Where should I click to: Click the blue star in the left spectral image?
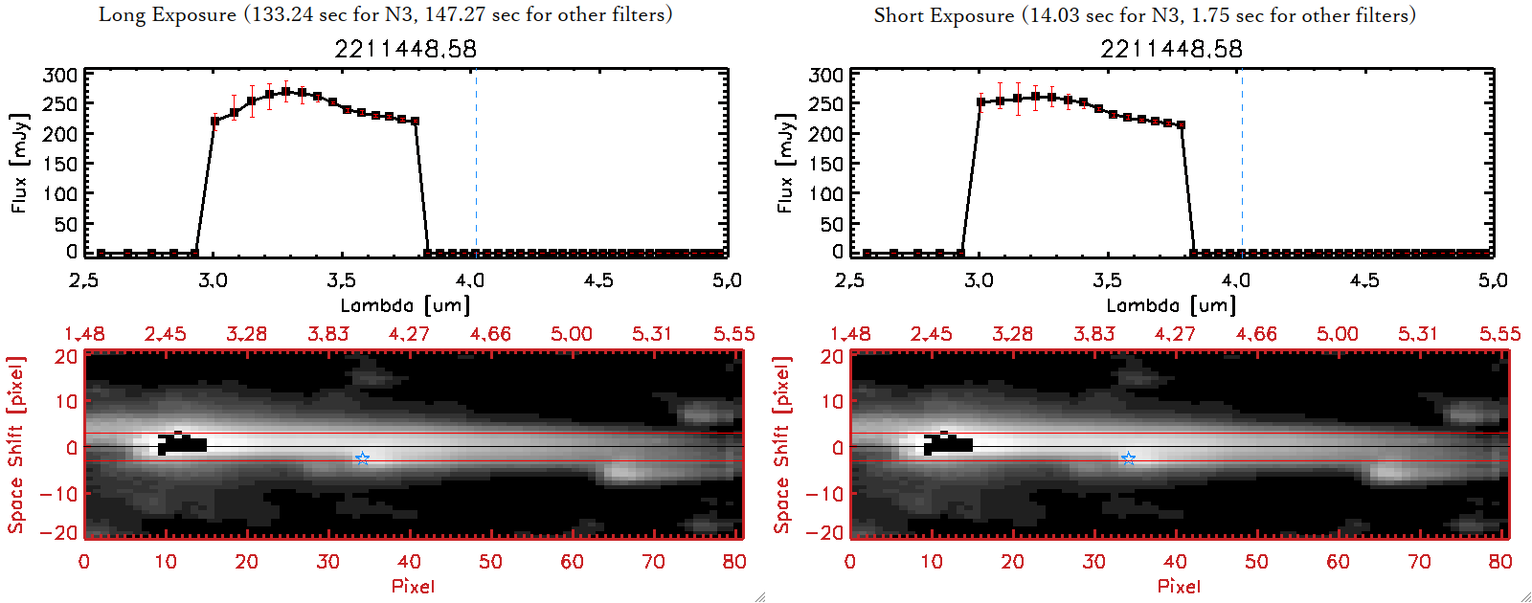pyautogui.click(x=362, y=459)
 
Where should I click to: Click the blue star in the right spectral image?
pyautogui.click(x=1128, y=459)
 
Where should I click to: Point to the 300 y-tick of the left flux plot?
pyautogui.click(x=60, y=75)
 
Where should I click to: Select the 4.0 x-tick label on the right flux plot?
pyautogui.click(x=1236, y=280)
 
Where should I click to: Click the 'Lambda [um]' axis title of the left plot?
pyautogui.click(x=405, y=305)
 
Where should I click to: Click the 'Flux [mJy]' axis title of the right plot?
pyautogui.click(x=785, y=163)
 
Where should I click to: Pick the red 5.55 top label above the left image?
pyautogui.click(x=733, y=334)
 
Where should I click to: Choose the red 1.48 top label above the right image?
pyautogui.click(x=850, y=334)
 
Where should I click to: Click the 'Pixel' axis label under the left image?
pyautogui.click(x=413, y=586)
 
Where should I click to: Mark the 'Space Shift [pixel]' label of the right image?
pyautogui.click(x=782, y=445)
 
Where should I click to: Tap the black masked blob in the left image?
pyautogui.click(x=182, y=444)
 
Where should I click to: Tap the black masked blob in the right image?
pyautogui.click(x=948, y=444)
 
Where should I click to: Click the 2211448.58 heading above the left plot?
pyautogui.click(x=405, y=49)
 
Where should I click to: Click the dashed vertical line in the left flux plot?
pyautogui.click(x=476, y=163)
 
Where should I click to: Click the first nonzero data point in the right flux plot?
pyautogui.click(x=980, y=102)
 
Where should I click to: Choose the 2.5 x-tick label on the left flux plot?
pyautogui.click(x=84, y=280)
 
